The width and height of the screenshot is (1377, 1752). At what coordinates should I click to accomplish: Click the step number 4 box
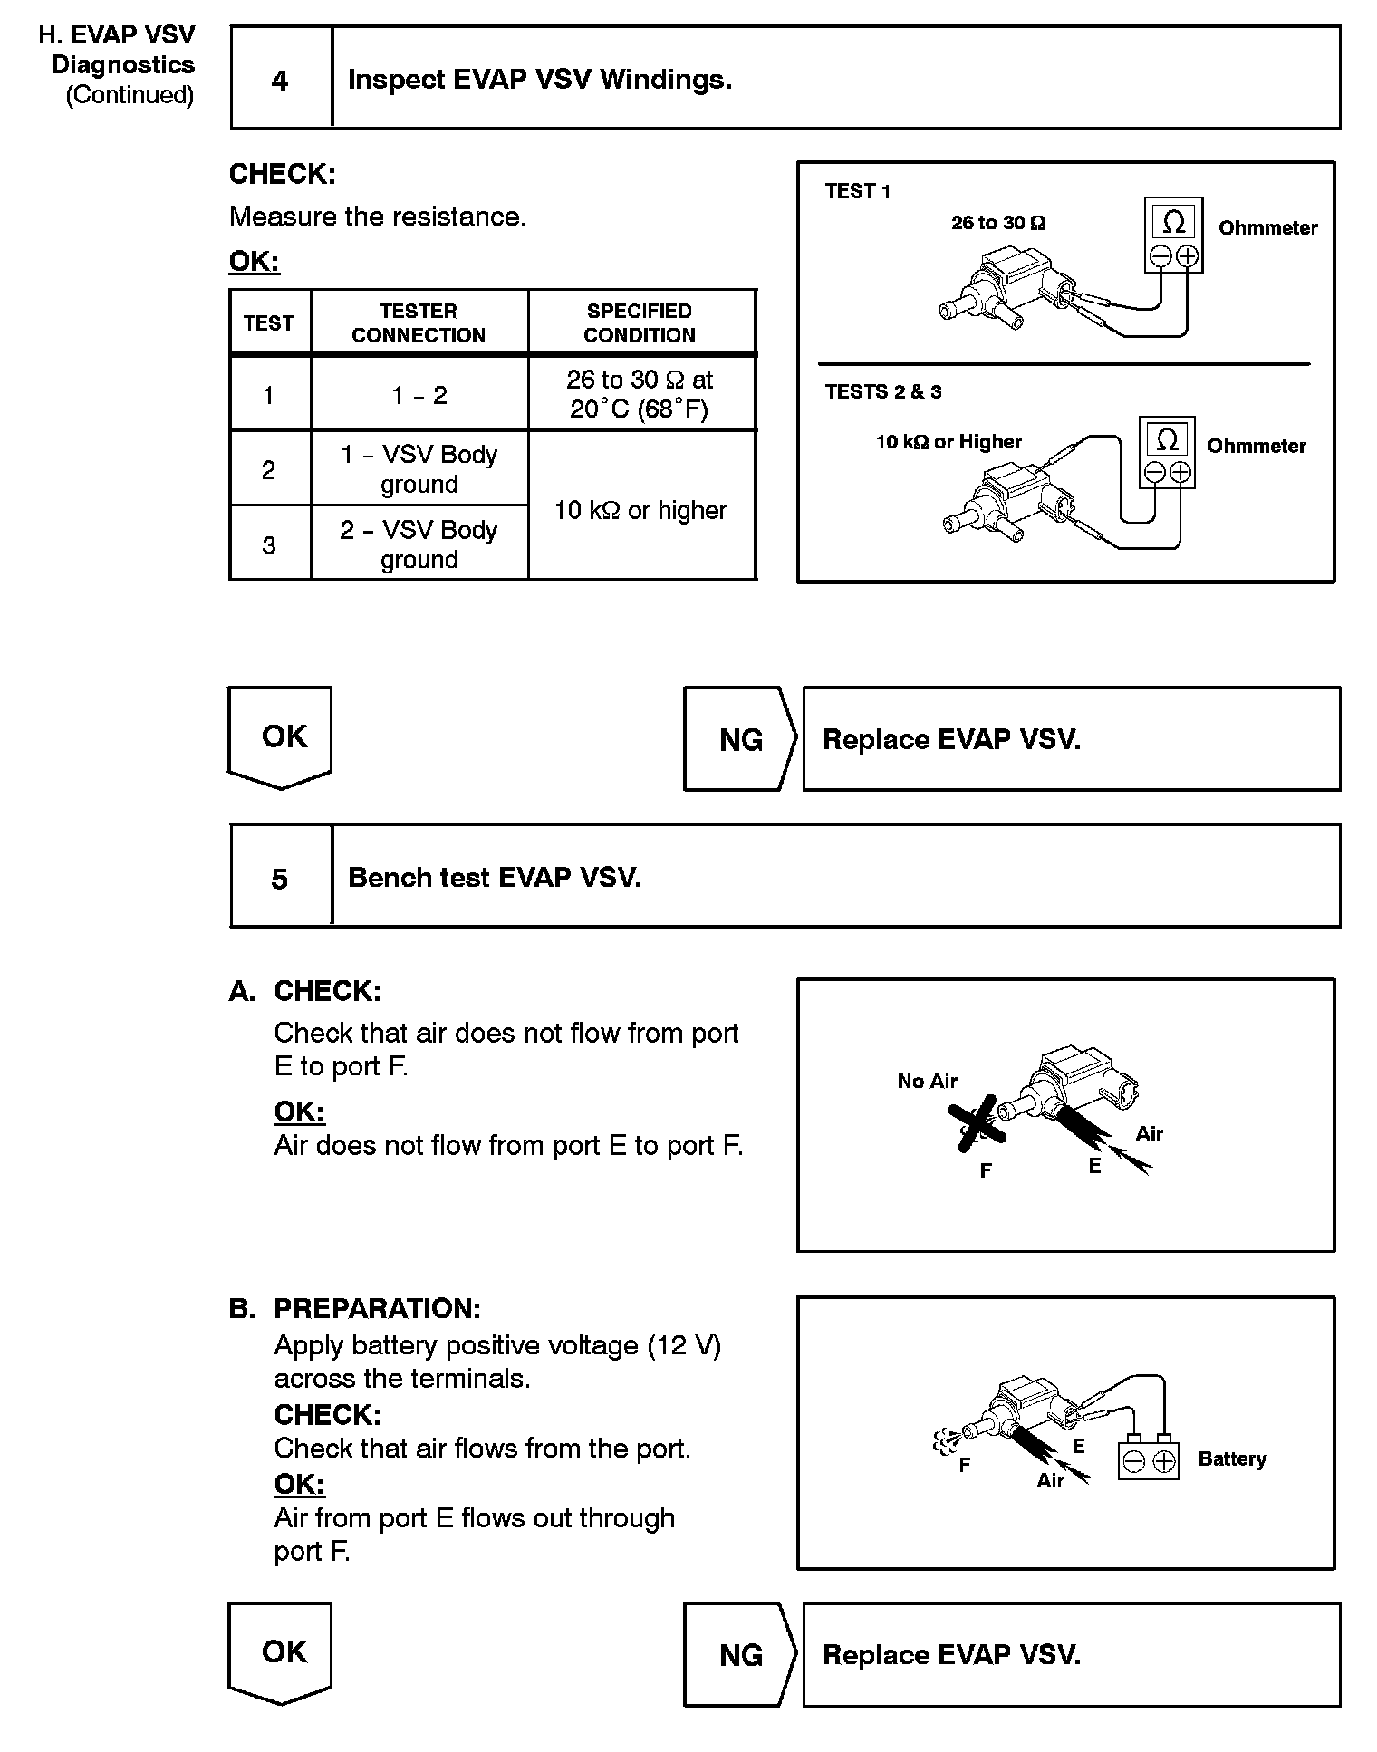[281, 80]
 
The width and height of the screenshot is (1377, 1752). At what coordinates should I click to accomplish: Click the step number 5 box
[281, 877]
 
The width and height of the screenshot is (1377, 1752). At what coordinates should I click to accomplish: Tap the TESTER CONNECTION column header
[419, 322]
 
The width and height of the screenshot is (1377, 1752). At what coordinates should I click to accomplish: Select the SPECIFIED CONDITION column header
[640, 322]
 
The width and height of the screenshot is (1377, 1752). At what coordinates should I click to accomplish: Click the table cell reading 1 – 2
[419, 395]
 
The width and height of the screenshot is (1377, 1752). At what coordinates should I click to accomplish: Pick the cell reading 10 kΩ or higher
[640, 510]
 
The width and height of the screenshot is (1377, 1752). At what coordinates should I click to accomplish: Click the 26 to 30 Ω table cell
[640, 394]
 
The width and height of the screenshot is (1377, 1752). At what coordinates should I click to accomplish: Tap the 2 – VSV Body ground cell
[419, 544]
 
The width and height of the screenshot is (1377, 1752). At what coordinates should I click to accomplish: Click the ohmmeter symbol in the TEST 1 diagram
[1173, 234]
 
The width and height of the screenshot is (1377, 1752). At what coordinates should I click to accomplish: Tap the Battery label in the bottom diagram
[1231, 1458]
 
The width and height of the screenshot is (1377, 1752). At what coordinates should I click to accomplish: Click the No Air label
[927, 1081]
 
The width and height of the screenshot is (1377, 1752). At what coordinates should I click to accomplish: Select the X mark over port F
[976, 1123]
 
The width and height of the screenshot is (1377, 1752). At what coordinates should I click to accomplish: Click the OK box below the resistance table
[281, 736]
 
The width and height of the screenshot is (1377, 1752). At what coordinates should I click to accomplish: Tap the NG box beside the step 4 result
[739, 739]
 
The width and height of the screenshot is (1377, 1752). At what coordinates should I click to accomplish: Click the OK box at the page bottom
[281, 1651]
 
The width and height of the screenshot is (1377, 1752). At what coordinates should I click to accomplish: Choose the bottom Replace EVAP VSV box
[1071, 1655]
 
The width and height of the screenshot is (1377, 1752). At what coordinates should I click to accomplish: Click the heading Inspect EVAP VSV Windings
[540, 80]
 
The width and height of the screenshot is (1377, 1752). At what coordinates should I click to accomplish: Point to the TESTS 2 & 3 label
[882, 391]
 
